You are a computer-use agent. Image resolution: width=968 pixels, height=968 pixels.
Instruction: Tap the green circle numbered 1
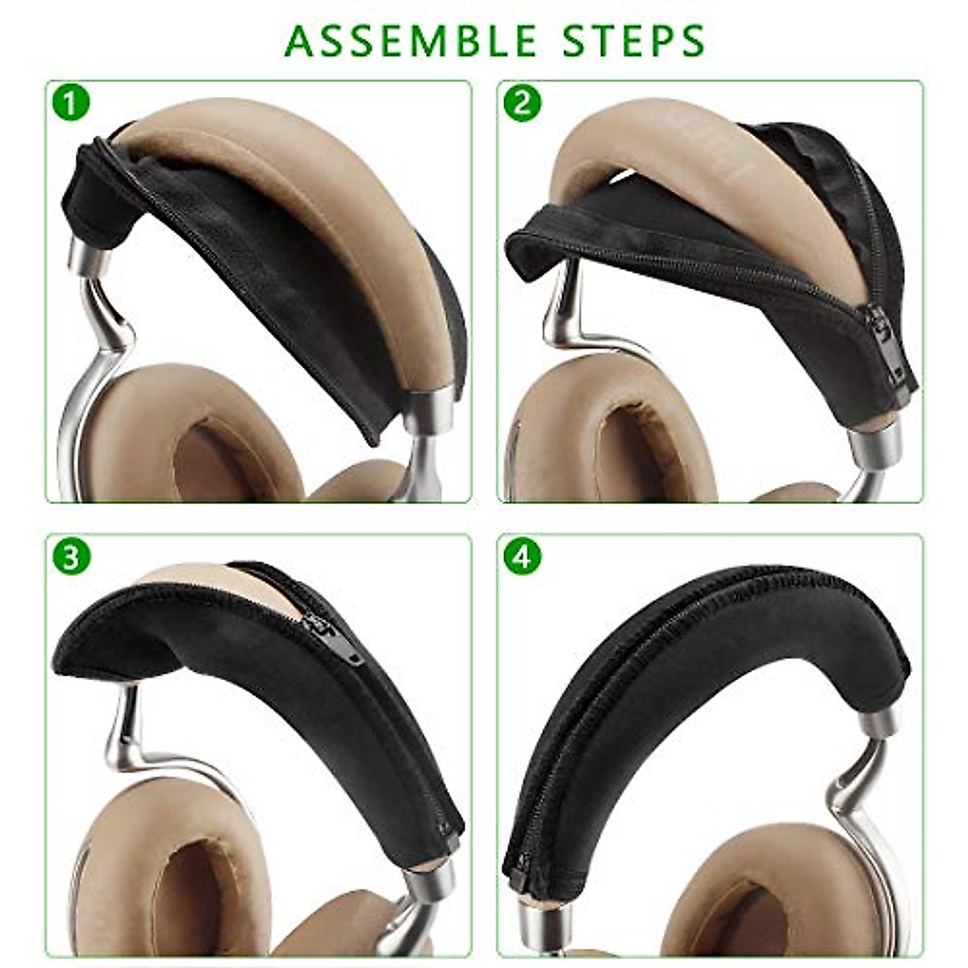[x=71, y=103]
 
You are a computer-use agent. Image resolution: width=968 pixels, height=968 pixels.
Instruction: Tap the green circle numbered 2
[x=522, y=103]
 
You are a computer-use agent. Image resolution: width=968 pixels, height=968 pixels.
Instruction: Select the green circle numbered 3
[x=71, y=557]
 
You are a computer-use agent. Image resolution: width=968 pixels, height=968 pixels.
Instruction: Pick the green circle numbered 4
[x=522, y=557]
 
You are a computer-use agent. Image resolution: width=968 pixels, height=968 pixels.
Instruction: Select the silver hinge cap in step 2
[x=875, y=440]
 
